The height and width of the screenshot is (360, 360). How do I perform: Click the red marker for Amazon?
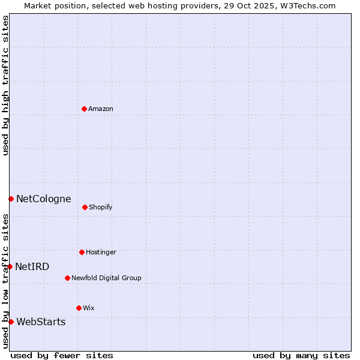coord(84,109)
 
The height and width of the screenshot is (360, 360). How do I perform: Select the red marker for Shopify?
coord(85,207)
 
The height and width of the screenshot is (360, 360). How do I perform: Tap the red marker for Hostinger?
coord(82,252)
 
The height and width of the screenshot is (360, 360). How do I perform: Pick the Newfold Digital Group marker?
coord(67,278)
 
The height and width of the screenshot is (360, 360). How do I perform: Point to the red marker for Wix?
coord(79,308)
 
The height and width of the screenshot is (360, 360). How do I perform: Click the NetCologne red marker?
coord(11,199)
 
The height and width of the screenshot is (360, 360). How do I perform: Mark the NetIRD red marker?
coord(10,266)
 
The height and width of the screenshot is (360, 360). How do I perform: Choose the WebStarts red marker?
coord(11,322)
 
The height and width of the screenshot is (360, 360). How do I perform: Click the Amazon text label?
coord(101,109)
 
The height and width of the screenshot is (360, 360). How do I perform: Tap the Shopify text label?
coord(101,207)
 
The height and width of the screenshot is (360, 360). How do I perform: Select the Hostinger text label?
coord(101,252)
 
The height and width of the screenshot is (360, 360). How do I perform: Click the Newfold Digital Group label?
coord(106,278)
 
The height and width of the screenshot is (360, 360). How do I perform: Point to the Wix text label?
coord(89,308)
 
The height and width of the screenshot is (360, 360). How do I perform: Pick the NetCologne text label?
coord(43,199)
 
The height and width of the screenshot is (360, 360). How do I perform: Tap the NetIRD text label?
coord(32,266)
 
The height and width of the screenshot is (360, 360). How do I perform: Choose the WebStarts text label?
coord(41,322)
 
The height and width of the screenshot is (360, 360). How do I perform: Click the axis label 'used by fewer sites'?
coord(62,355)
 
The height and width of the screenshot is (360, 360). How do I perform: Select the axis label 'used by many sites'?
coord(301,355)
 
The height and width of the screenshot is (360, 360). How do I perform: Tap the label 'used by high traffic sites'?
coord(5,85)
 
